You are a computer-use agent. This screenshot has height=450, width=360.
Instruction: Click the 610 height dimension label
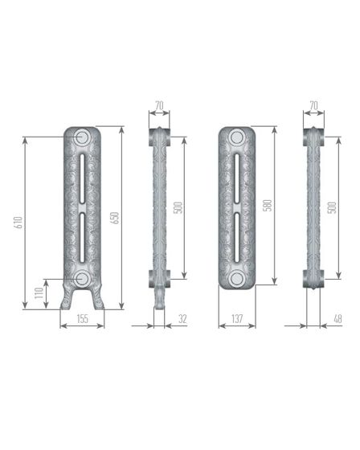click(18, 223)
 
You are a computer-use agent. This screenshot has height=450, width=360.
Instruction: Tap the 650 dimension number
click(115, 217)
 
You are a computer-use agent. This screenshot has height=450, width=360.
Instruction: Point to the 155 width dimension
click(82, 319)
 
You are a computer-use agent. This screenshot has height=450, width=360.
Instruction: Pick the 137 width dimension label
click(236, 319)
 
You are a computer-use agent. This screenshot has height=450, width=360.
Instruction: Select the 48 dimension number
click(337, 319)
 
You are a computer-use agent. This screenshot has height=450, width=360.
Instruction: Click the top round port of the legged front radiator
click(82, 137)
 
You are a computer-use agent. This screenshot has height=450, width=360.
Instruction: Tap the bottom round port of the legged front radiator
click(82, 278)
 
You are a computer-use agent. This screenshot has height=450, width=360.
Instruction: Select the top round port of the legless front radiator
click(236, 137)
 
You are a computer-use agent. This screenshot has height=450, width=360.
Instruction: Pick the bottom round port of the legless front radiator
click(236, 278)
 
